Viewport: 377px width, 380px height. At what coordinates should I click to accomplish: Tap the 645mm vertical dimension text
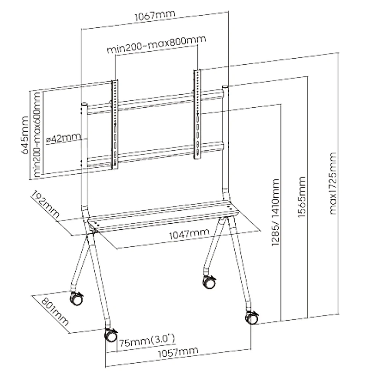pos(25,135)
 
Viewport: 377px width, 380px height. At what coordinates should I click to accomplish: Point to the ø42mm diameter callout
pos(64,138)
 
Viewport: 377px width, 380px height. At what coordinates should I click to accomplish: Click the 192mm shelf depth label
pos(45,204)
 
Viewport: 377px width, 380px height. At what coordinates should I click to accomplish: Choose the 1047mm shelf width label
pos(189,234)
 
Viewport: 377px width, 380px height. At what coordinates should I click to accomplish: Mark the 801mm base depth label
pos(55,311)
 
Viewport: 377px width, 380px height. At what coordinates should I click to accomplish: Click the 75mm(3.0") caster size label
pos(147,340)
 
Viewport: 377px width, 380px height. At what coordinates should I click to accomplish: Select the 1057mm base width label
pos(178,352)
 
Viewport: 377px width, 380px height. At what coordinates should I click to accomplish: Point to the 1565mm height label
pos(302,197)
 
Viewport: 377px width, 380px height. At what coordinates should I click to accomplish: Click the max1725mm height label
pos(332,183)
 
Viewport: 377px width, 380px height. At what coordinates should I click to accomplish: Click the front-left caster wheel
pos(111,335)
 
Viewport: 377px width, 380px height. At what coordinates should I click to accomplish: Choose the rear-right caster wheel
pos(209,282)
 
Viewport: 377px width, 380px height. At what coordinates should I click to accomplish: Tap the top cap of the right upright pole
pos(225,86)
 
